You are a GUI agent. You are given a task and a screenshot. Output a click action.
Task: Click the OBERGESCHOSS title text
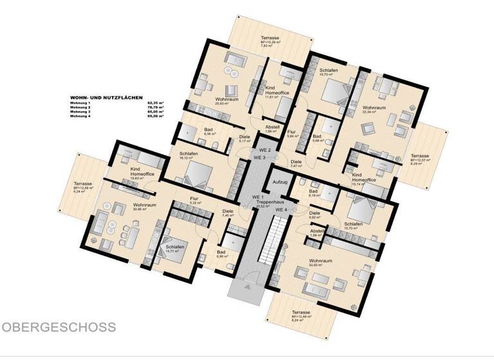(59, 327)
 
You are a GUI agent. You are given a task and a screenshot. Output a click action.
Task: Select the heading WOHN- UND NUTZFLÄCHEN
(107, 98)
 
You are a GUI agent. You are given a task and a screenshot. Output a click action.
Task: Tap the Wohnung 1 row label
(81, 103)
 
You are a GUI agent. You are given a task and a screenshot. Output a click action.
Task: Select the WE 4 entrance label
(281, 210)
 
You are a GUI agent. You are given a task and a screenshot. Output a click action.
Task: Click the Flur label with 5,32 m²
(196, 199)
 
